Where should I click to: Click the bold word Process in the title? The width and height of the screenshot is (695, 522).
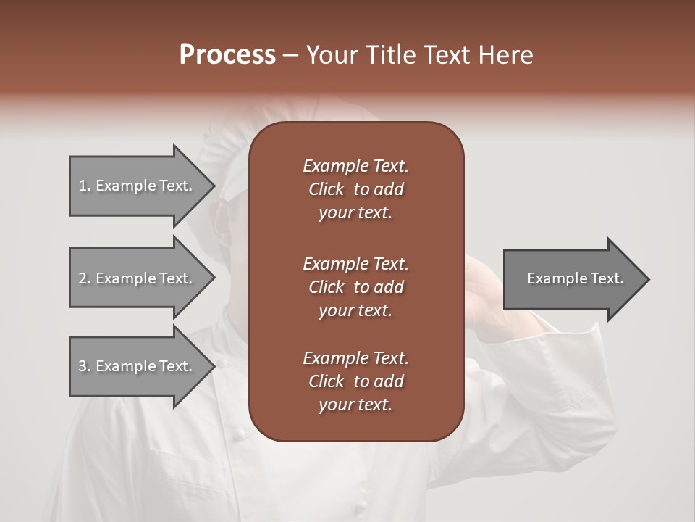click(227, 55)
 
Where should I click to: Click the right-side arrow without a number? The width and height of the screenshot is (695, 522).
click(572, 278)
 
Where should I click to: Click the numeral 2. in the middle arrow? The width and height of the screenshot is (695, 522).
click(85, 278)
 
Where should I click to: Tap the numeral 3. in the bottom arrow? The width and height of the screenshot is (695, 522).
click(85, 366)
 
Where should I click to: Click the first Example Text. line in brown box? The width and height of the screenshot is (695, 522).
click(355, 166)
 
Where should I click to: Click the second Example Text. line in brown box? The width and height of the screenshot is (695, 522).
click(355, 263)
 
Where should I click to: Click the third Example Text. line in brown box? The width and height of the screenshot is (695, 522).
click(355, 358)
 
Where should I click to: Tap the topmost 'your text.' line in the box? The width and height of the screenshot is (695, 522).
click(355, 213)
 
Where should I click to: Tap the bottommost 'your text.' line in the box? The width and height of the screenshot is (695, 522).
click(355, 405)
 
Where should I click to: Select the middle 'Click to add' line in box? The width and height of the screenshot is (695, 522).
click(355, 287)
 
